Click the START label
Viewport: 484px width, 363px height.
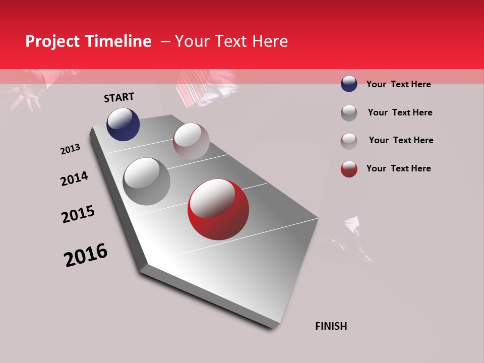(x=119, y=97)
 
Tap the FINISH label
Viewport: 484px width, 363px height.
(x=331, y=326)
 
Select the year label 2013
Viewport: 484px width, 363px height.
(x=70, y=149)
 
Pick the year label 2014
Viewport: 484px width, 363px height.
(x=74, y=179)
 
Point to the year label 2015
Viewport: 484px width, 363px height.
(x=78, y=214)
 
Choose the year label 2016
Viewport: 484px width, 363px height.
(x=86, y=256)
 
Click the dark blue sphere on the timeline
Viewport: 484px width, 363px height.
(x=123, y=124)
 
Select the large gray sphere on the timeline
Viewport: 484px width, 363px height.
(x=147, y=181)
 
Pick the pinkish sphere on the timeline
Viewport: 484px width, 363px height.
(x=191, y=141)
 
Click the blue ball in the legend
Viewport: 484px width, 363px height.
(x=349, y=84)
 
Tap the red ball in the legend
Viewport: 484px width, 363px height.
(x=349, y=169)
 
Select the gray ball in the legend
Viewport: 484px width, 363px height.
(x=349, y=113)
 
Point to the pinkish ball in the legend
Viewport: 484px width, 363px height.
(x=349, y=141)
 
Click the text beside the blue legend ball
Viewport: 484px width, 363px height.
(x=398, y=84)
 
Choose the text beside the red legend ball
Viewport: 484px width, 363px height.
(x=398, y=168)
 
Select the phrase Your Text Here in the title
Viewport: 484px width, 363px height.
(x=231, y=41)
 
